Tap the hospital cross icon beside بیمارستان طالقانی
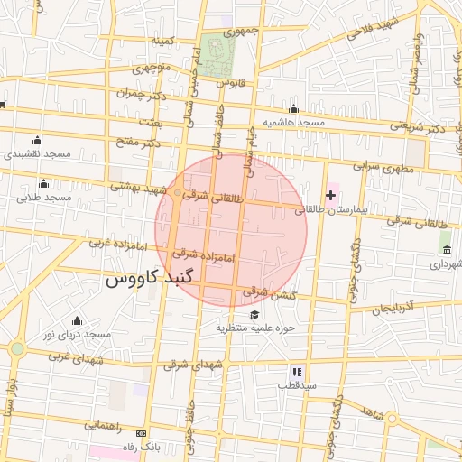tap(330, 195)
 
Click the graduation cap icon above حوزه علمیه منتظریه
tap(255, 314)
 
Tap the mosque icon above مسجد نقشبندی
tap(37, 140)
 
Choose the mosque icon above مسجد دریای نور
tap(76, 320)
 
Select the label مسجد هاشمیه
tap(293, 122)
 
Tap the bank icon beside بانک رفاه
tap(139, 433)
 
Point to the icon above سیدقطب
tap(297, 371)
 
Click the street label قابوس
tap(233, 83)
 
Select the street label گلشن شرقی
tap(268, 292)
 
